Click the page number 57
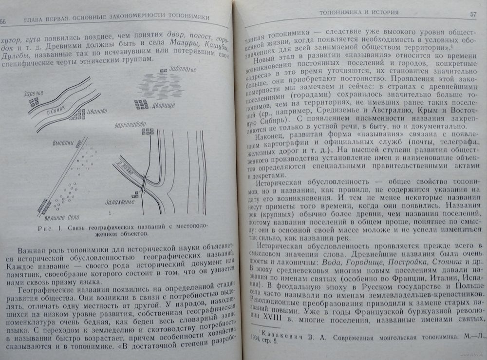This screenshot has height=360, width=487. click(x=472, y=14)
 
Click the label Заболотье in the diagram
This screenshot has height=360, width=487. click(x=182, y=69)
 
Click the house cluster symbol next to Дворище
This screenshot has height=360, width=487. click(x=141, y=104)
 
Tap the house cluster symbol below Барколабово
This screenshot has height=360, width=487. click(x=147, y=132)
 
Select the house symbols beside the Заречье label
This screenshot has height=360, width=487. click(x=34, y=101)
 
